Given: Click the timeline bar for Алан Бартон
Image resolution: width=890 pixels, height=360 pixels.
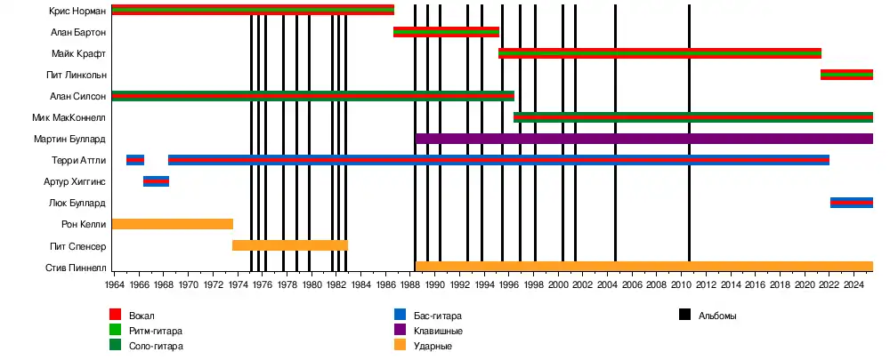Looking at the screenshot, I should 446,32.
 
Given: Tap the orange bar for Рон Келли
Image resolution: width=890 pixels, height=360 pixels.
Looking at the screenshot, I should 172,224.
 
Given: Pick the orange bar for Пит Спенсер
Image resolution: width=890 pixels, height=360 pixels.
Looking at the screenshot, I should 289,245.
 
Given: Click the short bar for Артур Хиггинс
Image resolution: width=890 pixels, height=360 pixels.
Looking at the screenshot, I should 156,181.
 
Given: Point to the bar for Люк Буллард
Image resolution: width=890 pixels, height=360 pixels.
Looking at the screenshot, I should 851,203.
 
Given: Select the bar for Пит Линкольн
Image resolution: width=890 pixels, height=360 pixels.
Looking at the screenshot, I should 846,75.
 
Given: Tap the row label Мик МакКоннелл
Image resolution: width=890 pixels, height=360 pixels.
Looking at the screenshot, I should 69,117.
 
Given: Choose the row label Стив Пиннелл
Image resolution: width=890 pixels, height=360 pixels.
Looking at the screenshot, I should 76,267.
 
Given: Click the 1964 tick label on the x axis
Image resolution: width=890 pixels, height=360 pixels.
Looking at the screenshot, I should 114,284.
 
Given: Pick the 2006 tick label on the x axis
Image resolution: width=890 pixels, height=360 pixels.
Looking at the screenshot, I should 631,284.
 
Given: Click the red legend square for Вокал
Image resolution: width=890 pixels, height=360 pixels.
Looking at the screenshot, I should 115,315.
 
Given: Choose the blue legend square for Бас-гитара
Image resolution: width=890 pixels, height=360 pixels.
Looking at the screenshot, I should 400,315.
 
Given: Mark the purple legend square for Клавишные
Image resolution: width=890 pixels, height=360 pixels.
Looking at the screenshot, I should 400,330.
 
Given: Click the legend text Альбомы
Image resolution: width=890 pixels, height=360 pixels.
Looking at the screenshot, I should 717,316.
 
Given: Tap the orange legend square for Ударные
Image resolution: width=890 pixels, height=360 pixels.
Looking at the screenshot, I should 400,345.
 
